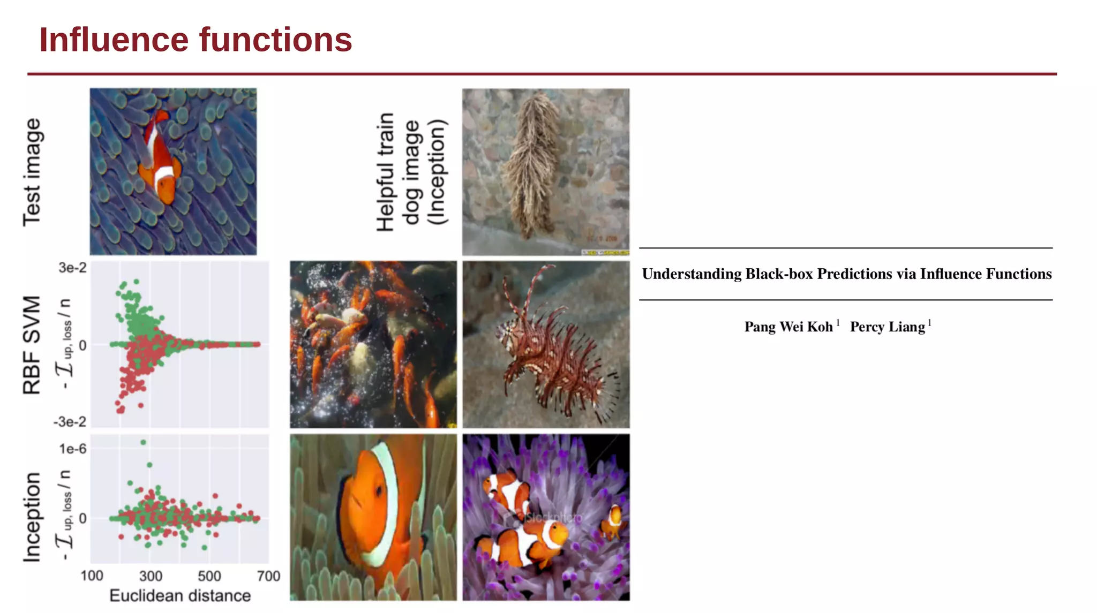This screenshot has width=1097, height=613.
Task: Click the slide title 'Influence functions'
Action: (196, 40)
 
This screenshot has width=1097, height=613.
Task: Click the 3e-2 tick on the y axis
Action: (72, 268)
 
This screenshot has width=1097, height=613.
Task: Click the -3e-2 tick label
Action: (70, 422)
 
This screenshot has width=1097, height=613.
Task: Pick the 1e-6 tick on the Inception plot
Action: (72, 449)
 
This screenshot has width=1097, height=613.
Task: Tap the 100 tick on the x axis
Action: (92, 576)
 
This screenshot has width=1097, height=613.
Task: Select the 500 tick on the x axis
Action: (209, 576)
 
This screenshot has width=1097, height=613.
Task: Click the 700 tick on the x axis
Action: (268, 576)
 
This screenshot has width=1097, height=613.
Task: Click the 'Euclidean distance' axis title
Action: (180, 595)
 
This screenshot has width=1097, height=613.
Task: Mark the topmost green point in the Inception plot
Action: (143, 442)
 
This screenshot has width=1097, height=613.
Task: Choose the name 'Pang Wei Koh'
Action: (788, 327)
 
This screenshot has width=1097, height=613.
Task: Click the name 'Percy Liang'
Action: (888, 327)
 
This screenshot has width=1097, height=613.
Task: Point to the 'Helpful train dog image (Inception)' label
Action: (411, 172)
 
